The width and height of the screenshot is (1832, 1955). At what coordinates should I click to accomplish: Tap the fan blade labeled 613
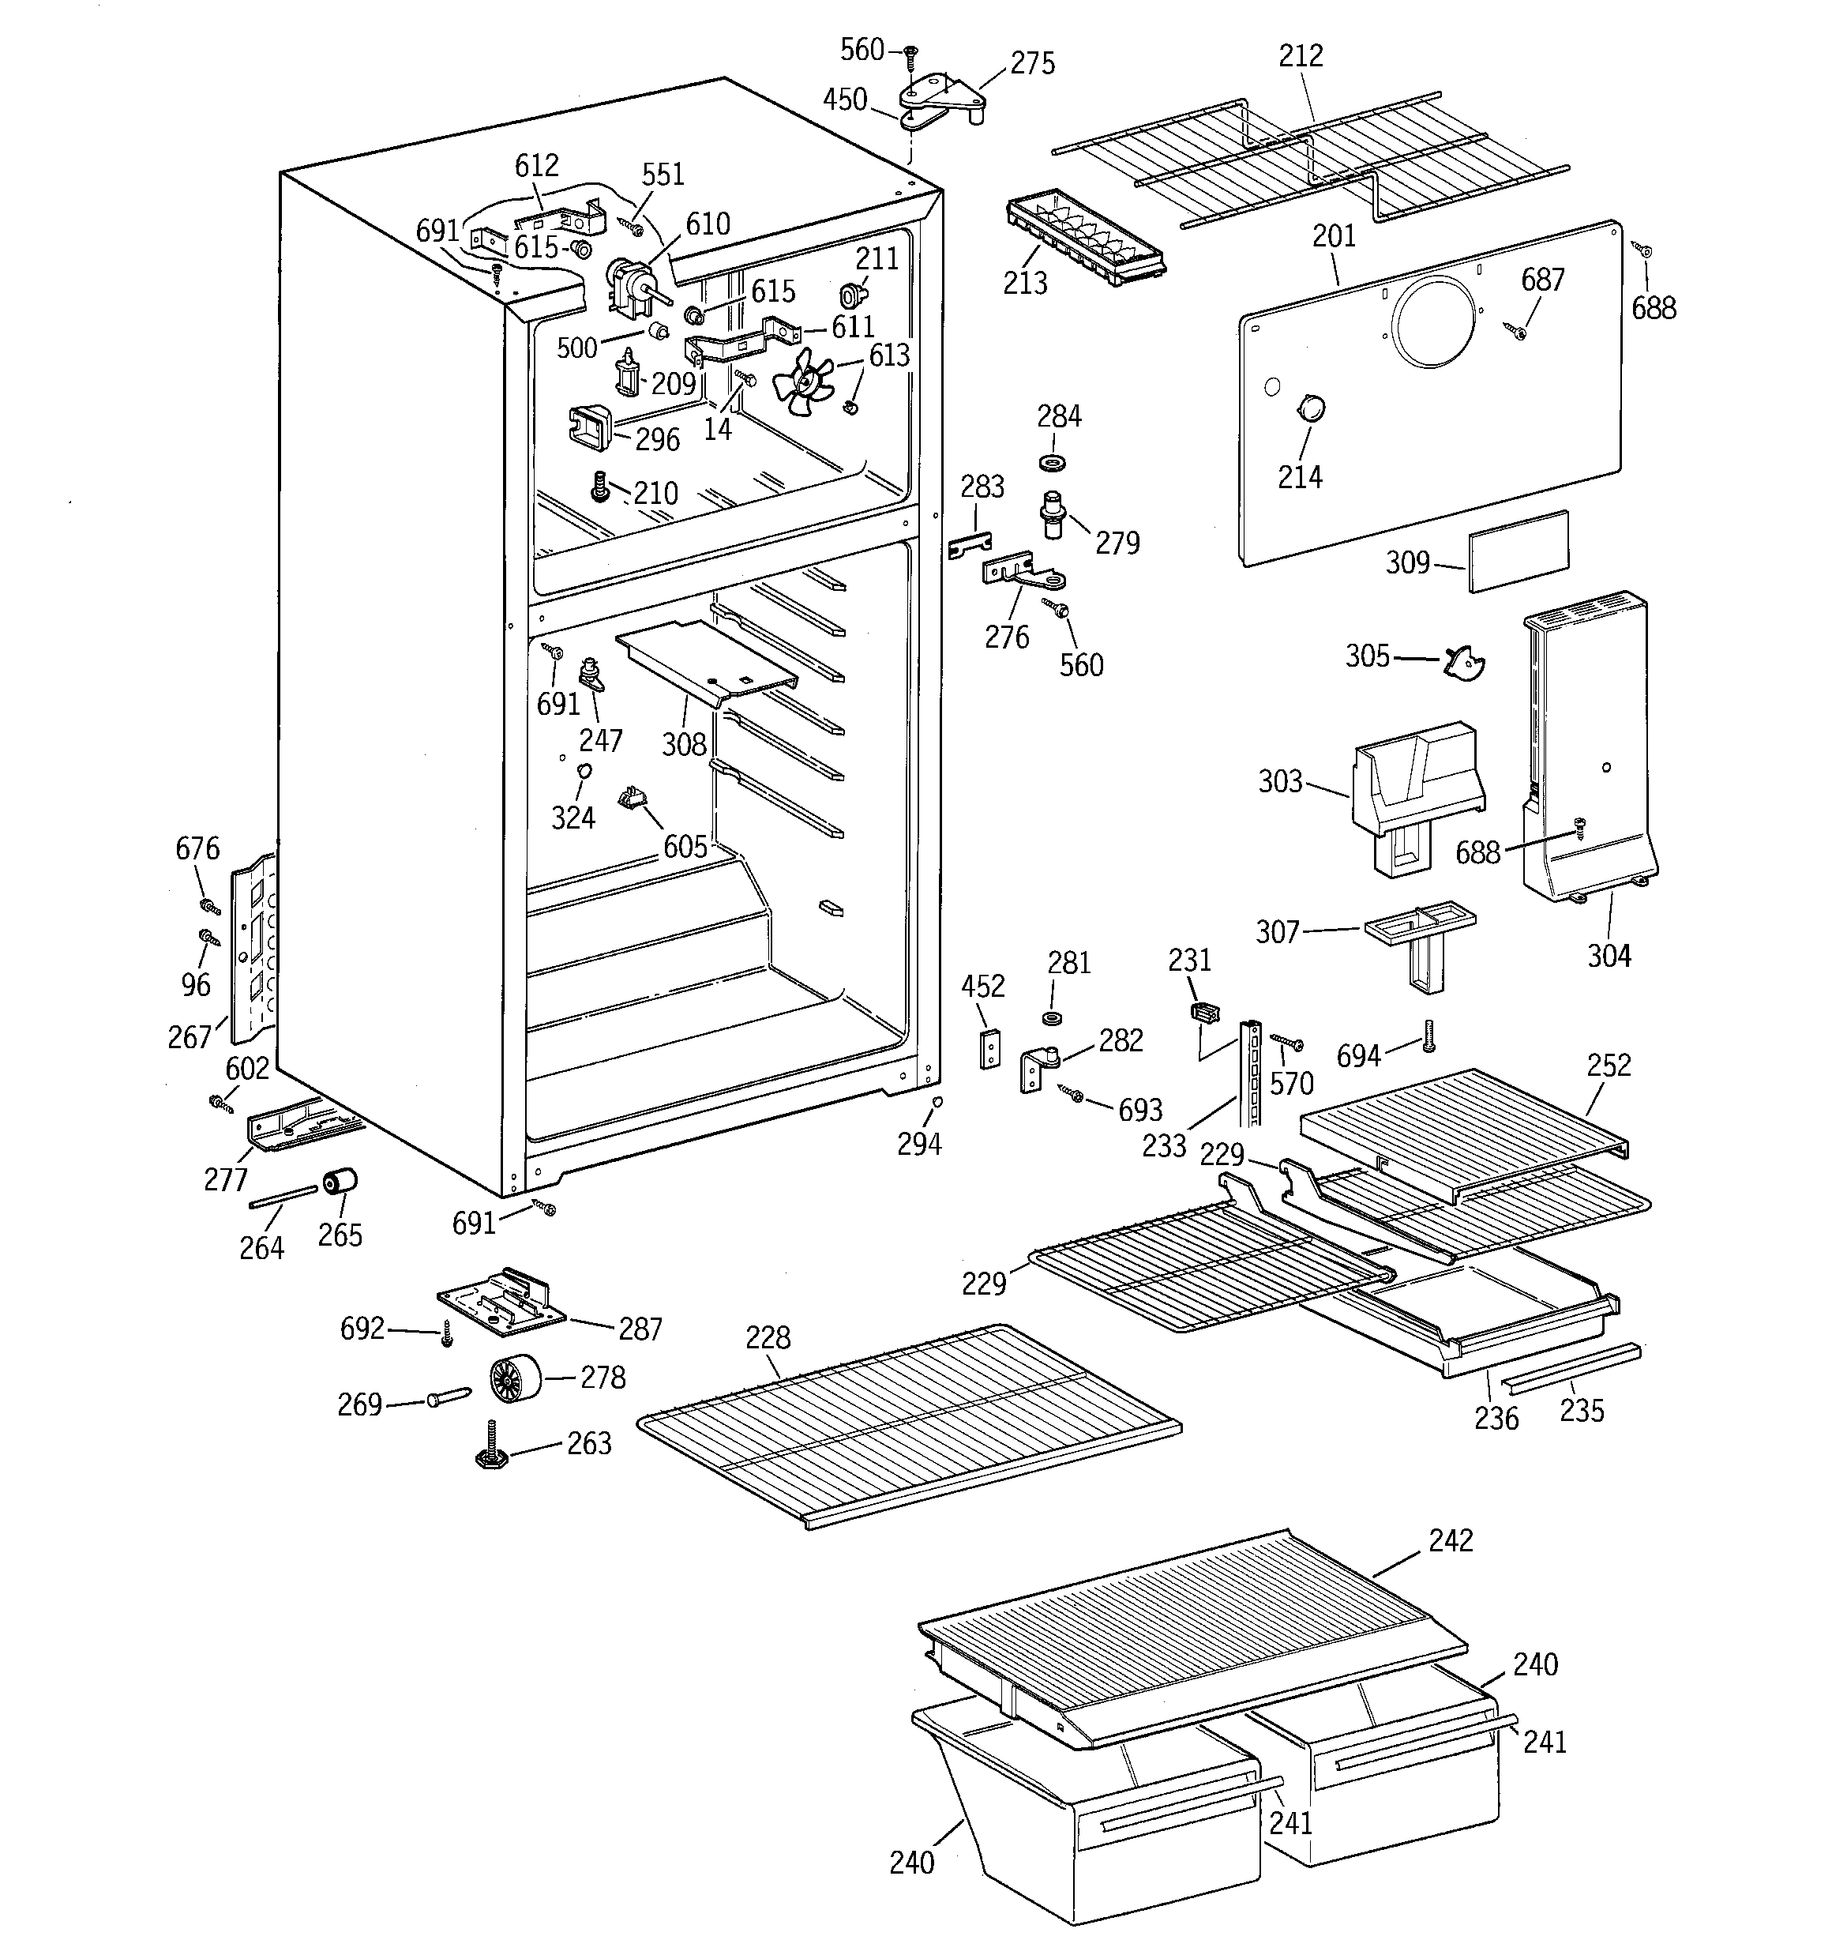[805, 378]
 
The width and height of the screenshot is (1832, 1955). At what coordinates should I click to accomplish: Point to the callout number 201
[1334, 236]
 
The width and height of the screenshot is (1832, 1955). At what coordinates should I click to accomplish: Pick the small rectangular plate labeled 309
[1519, 551]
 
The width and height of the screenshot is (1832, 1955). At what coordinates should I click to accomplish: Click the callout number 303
[1279, 782]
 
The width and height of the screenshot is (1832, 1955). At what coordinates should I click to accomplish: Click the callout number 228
[767, 1337]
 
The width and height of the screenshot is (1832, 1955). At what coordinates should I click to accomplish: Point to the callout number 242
[1451, 1540]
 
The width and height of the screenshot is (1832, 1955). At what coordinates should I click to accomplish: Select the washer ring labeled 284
[1053, 462]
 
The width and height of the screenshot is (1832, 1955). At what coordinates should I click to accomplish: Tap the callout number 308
[683, 744]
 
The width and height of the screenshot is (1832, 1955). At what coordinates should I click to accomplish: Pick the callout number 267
[190, 1036]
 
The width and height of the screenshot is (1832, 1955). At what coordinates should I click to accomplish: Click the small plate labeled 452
[989, 1048]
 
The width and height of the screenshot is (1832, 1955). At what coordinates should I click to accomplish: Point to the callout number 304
[1609, 955]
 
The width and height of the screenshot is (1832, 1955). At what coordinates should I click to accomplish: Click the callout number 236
[1496, 1417]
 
